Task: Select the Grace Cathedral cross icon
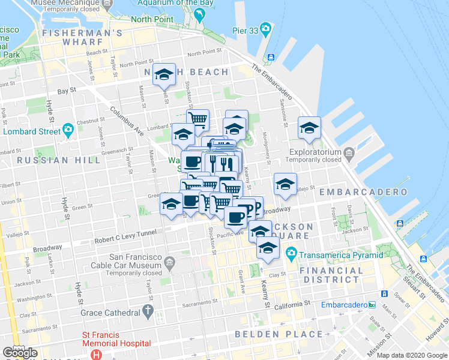pos(148,312)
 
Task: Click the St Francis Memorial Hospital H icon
pos(95,354)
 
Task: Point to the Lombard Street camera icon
pos(68,130)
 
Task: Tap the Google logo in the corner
pos(20,353)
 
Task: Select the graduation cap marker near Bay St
pos(164,75)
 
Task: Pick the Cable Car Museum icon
pos(170,262)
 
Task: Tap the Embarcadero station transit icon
pos(372,305)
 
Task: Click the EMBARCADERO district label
pos(364,192)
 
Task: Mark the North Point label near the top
pos(152,19)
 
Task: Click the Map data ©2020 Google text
pos(412,355)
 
